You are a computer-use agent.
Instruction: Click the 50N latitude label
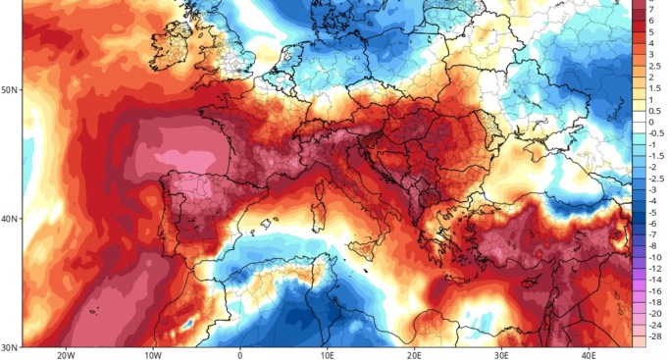[10, 89]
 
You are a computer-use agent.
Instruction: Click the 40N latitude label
[10, 219]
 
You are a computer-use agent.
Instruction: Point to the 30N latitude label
[10, 347]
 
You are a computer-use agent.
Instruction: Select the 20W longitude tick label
[67, 354]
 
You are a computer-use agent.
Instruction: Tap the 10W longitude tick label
[154, 354]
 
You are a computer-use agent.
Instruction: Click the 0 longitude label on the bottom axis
[240, 354]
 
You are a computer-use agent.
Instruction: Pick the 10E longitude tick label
[328, 354]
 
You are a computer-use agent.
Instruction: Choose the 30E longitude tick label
[501, 354]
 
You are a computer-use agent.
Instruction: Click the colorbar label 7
[651, 5]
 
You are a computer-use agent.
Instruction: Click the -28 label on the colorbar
[654, 336]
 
